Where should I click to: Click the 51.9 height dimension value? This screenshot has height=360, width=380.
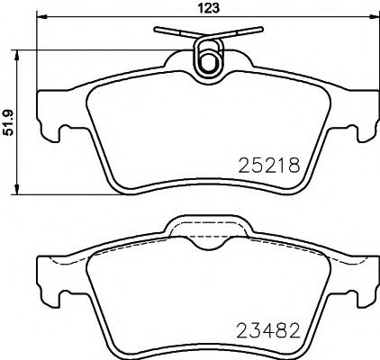9,121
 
